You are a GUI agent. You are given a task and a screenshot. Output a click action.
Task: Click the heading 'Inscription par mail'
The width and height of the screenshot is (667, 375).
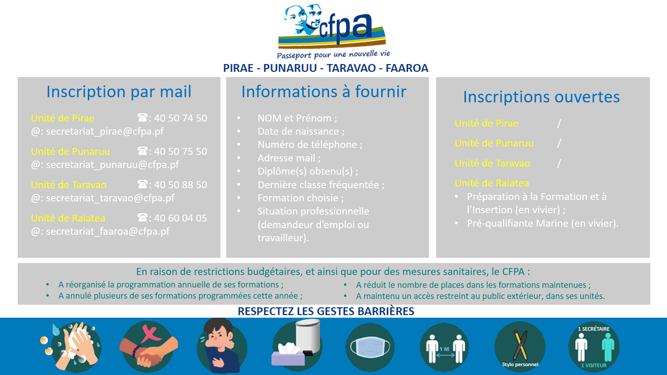point(119,92)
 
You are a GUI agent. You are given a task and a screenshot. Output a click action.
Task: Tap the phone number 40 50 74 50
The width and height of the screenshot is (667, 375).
point(181,118)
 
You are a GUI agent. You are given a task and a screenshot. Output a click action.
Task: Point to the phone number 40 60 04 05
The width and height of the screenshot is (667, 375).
point(181,218)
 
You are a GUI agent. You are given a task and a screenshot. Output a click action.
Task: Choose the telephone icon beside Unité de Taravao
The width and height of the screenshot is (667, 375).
point(142,184)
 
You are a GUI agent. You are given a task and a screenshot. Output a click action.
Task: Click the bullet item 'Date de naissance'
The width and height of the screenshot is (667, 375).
point(301,132)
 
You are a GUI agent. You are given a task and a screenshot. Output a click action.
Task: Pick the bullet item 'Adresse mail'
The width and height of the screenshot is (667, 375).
point(289,158)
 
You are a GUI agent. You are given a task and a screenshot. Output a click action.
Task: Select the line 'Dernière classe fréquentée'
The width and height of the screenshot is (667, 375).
point(321,185)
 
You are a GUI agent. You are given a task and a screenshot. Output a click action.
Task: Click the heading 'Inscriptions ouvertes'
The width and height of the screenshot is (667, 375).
point(542,97)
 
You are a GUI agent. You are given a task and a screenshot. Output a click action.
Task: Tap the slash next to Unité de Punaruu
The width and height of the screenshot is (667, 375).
point(559,143)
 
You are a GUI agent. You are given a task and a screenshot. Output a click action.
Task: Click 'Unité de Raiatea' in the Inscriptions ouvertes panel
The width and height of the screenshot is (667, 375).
point(492,183)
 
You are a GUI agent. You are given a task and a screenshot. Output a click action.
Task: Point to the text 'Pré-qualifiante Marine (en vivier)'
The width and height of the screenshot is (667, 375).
point(543,223)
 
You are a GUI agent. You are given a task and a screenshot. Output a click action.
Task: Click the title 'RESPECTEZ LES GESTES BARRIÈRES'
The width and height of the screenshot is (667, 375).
point(326,311)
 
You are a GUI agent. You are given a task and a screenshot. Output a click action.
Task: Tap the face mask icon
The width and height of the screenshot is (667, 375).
point(370,347)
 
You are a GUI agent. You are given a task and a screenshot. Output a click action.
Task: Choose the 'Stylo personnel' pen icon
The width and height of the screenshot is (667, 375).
point(520,347)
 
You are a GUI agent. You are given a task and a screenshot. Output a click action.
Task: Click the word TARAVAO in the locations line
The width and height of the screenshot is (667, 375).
point(351,68)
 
